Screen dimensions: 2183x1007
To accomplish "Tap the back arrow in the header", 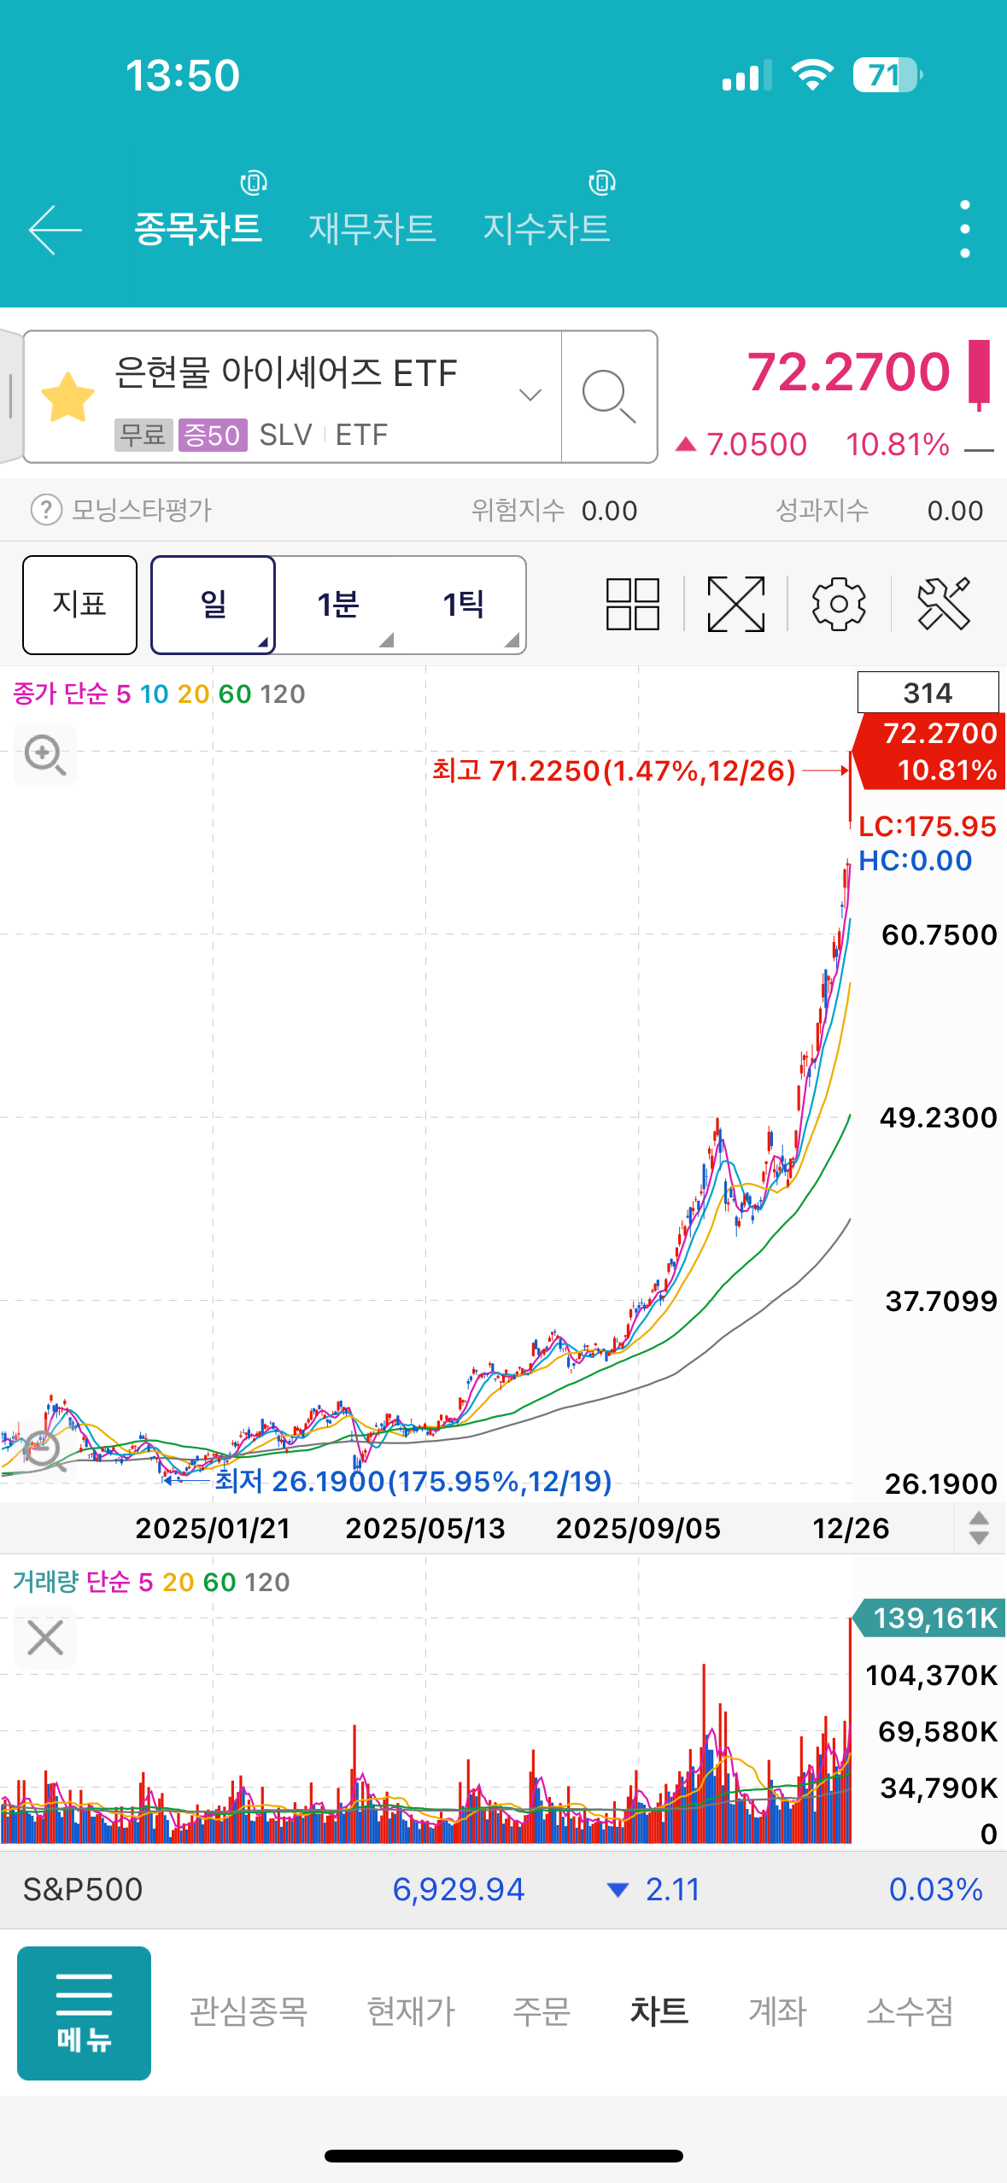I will pyautogui.click(x=55, y=229).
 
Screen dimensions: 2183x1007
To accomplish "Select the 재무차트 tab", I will pyautogui.click(x=372, y=228).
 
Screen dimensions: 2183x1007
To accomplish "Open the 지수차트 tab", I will pyautogui.click(x=547, y=228).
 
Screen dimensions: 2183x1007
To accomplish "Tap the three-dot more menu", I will pyautogui.click(x=964, y=229).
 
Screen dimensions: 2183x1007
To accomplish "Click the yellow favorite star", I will pyautogui.click(x=68, y=398).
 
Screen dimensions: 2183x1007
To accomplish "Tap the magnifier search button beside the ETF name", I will pyautogui.click(x=608, y=396).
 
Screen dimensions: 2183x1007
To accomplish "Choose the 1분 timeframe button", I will pyautogui.click(x=338, y=605).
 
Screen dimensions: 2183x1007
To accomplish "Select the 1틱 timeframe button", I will pyautogui.click(x=464, y=605).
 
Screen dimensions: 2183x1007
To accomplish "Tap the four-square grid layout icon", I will pyautogui.click(x=632, y=604).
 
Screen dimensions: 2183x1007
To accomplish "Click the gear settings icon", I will pyautogui.click(x=838, y=604).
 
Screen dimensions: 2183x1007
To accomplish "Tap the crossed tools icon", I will pyautogui.click(x=943, y=604).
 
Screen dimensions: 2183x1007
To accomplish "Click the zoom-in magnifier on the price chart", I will pyautogui.click(x=44, y=755).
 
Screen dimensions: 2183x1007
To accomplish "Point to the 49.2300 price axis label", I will pyautogui.click(x=938, y=1117).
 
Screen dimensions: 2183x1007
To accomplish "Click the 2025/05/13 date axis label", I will pyautogui.click(x=425, y=1528).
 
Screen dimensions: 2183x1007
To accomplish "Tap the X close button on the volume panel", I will pyautogui.click(x=45, y=1637).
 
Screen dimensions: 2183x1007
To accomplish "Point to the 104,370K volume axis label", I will pyautogui.click(x=931, y=1675).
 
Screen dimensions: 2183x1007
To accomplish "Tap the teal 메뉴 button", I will pyautogui.click(x=84, y=2012).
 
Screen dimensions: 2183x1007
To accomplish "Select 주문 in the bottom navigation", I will pyautogui.click(x=541, y=2011).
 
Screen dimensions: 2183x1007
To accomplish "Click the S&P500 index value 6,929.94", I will pyautogui.click(x=458, y=1889).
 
